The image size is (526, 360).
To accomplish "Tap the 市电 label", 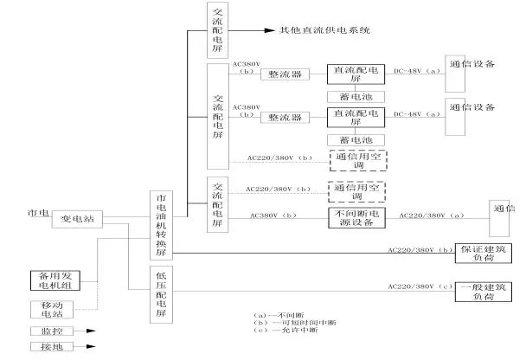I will [x=37, y=212].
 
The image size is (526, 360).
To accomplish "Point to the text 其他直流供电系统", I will [x=324, y=30].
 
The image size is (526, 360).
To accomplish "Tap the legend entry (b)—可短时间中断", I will [x=283, y=322].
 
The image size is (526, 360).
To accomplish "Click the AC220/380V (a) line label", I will [x=425, y=216].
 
